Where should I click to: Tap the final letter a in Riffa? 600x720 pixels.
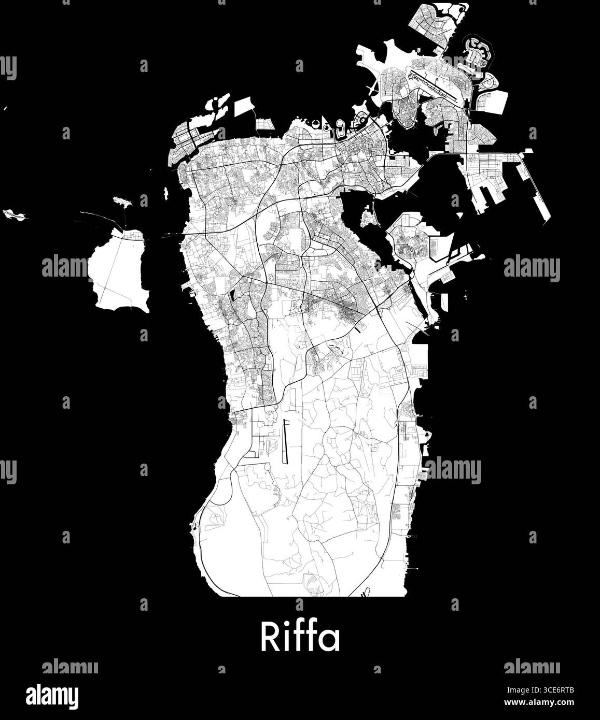click(x=330, y=640)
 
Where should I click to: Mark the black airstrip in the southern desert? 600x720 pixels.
click(x=285, y=441)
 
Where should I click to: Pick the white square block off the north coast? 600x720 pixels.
click(x=245, y=107)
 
